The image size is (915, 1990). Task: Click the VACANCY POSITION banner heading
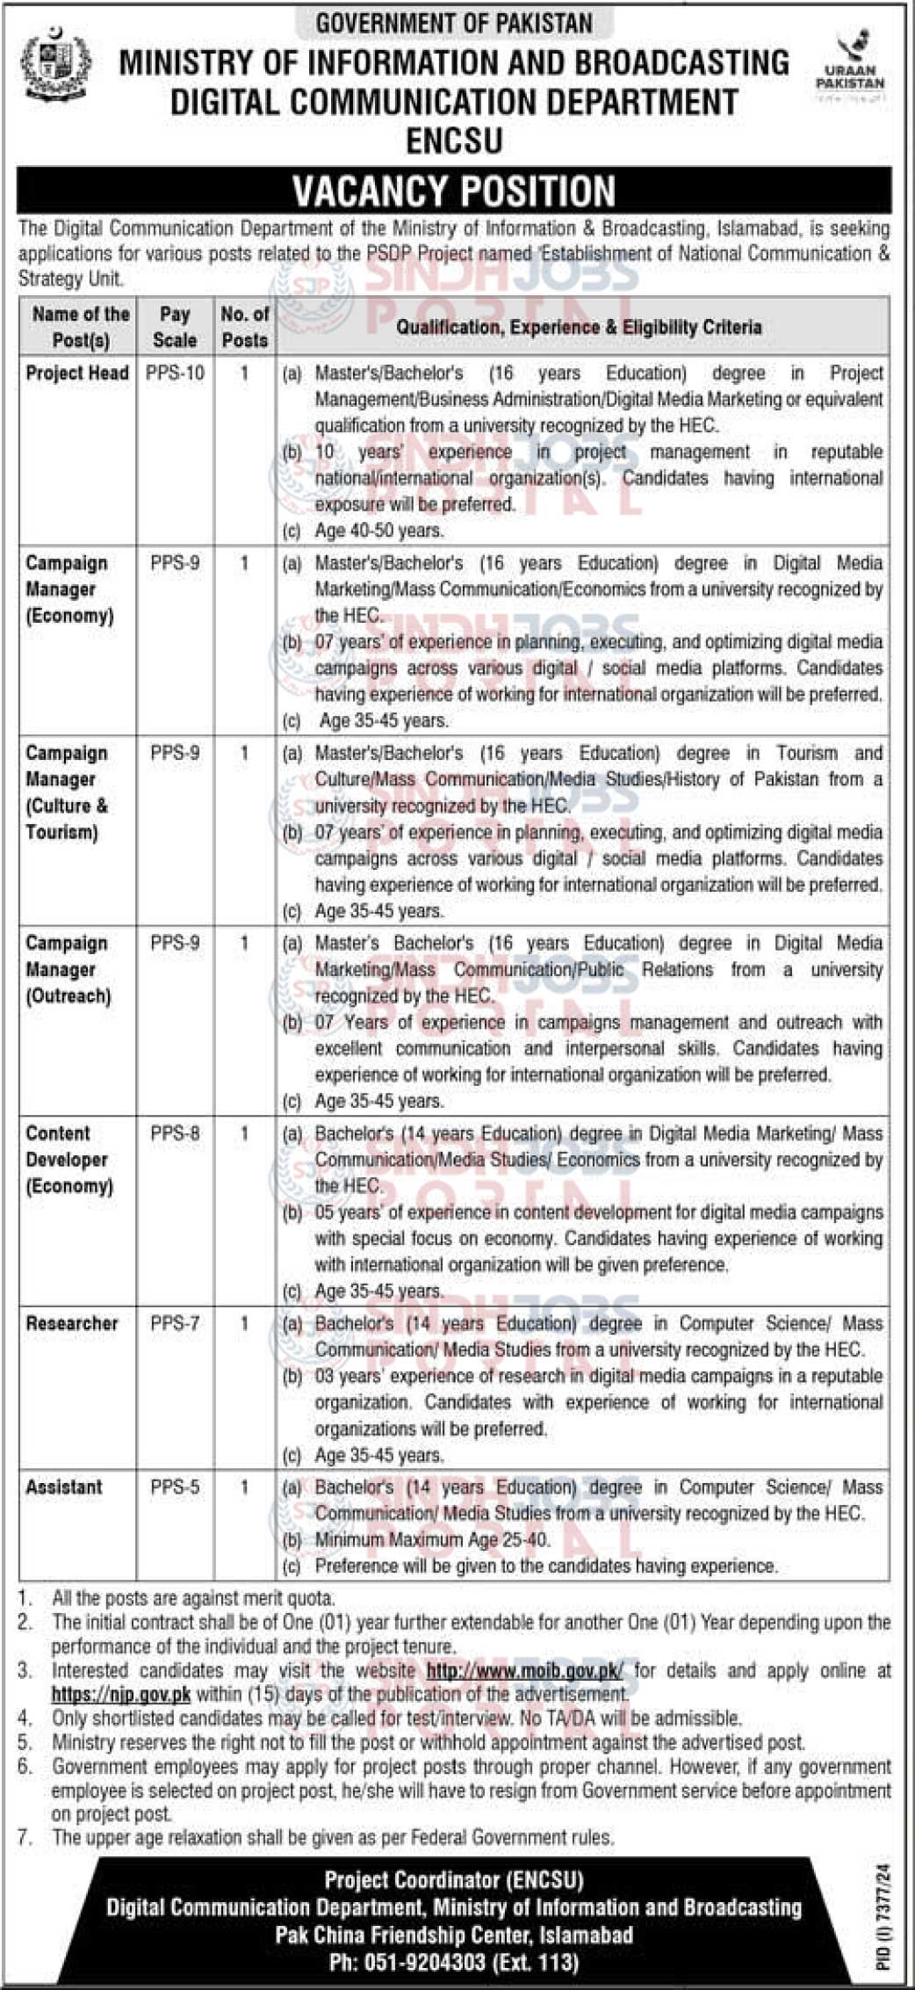454,191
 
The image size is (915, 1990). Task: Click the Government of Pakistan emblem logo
54,65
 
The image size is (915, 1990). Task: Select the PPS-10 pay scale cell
175,373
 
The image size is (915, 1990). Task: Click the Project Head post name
77,373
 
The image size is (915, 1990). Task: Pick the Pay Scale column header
175,327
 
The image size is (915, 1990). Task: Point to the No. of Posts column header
245,327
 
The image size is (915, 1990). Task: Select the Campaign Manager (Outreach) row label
68,970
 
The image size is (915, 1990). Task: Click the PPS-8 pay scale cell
175,1134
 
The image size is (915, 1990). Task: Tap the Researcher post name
72,1324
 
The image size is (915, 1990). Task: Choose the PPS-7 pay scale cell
175,1324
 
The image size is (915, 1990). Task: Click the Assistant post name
64,1487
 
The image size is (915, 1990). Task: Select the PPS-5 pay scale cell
175,1487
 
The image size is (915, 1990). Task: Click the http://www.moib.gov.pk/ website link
525,1670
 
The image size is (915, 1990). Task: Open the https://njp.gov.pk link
121,1693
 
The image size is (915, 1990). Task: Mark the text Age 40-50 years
379,531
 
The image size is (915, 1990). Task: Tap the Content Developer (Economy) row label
69,1160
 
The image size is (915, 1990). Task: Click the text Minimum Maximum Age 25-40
433,1540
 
